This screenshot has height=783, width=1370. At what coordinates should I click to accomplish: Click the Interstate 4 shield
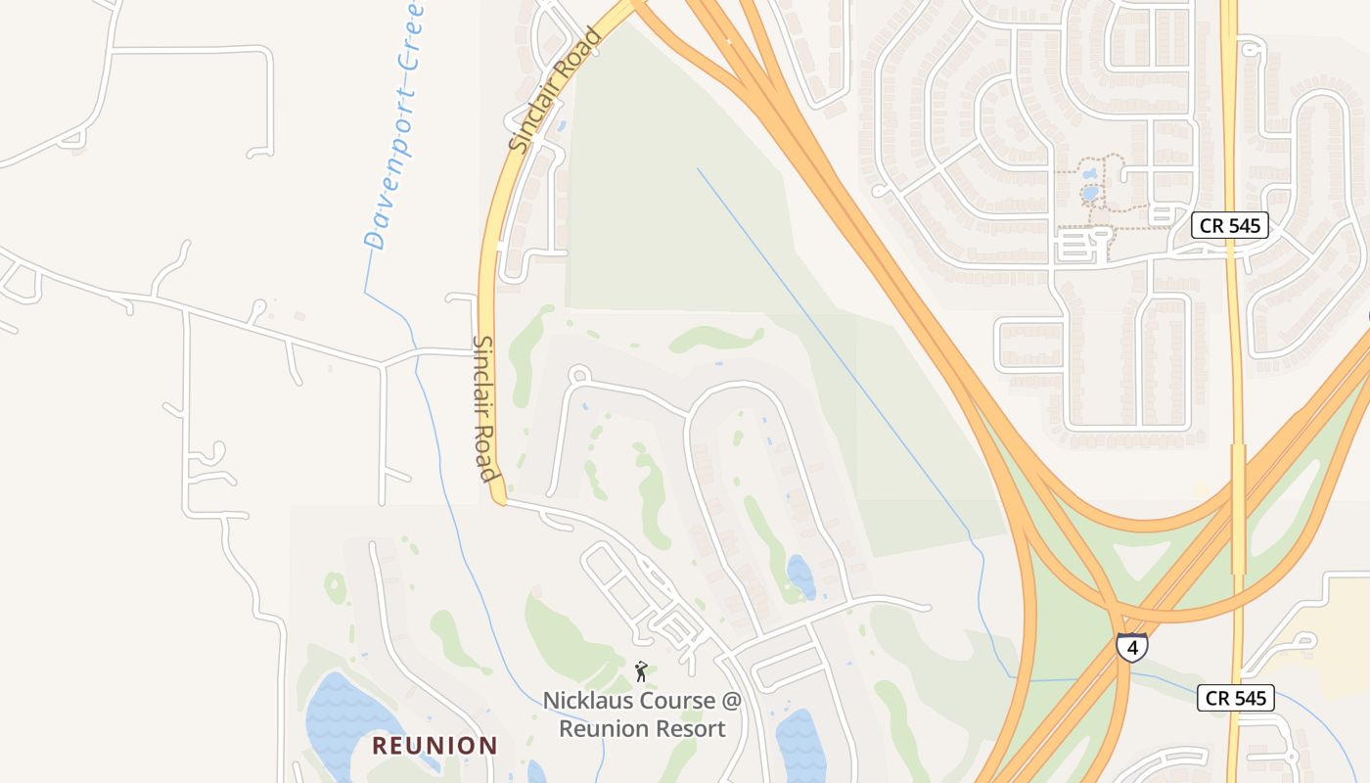pyautogui.click(x=1132, y=647)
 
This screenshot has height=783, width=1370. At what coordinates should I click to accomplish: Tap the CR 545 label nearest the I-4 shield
pyautogui.click(x=1236, y=698)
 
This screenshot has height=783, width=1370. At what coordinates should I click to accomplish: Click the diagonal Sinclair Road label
pyautogui.click(x=555, y=90)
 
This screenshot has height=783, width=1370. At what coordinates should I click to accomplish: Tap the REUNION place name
pyautogui.click(x=434, y=746)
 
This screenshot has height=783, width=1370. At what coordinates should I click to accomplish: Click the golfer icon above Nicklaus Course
pyautogui.click(x=641, y=671)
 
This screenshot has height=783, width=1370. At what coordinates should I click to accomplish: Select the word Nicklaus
pyautogui.click(x=587, y=701)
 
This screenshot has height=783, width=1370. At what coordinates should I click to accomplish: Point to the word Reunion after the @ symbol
pyautogui.click(x=604, y=729)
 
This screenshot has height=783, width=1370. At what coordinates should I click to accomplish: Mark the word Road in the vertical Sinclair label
pyautogui.click(x=489, y=457)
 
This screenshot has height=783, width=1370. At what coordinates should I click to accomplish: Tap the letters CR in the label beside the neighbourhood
pyautogui.click(x=1212, y=225)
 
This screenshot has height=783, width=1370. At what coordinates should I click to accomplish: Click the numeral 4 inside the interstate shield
pyautogui.click(x=1132, y=649)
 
